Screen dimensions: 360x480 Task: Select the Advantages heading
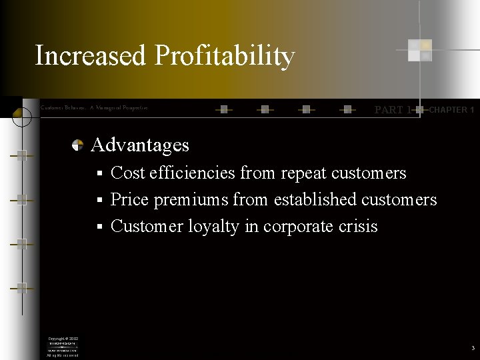point(139,145)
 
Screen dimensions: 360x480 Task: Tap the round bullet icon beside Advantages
point(78,145)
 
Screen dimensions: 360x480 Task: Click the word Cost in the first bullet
point(127,173)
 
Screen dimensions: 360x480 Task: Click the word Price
point(129,199)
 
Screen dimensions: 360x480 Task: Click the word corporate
point(298,227)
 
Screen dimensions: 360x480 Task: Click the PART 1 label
point(393,110)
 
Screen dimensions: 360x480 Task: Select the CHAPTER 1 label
point(451,110)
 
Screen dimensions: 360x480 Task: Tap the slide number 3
point(472,348)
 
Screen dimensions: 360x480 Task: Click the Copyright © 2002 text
point(63,339)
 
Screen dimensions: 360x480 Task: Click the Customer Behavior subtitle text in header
point(94,107)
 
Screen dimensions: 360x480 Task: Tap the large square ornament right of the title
point(420,49)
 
